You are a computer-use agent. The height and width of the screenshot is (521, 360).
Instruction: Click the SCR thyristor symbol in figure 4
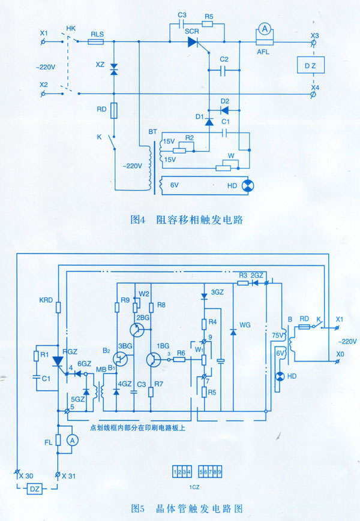point(193,42)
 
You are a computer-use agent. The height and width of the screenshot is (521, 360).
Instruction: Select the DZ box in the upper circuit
point(311,64)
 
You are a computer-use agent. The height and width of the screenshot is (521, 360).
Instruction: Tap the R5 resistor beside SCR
point(208,25)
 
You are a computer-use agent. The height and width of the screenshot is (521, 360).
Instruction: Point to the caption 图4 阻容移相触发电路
point(186,219)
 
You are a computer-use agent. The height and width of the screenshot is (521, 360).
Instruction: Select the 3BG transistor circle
point(122,359)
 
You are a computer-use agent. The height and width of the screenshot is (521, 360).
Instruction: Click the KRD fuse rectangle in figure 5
point(58,308)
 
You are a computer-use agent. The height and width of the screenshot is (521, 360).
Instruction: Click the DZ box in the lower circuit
point(33,489)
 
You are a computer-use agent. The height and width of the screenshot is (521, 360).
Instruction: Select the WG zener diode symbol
point(233,332)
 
